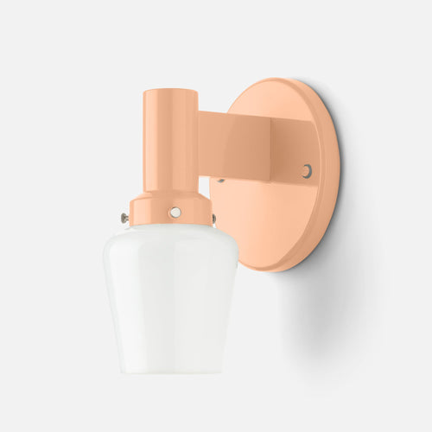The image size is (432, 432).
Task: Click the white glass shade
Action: (171, 285)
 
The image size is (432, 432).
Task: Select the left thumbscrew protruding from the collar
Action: (126, 219)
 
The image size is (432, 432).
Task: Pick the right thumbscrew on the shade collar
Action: (213, 218)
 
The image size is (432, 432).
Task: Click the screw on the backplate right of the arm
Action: (307, 171)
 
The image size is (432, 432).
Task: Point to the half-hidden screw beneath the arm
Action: (222, 181)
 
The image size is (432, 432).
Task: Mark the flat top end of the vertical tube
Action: (167, 92)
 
